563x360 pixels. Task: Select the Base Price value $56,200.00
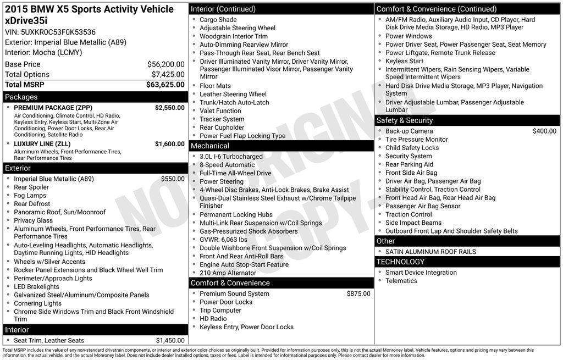point(165,64)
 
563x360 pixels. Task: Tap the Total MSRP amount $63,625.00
point(165,85)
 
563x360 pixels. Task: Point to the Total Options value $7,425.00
point(168,74)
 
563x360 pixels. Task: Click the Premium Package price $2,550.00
point(169,108)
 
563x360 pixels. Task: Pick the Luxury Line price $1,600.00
point(169,144)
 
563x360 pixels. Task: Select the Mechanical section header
point(209,146)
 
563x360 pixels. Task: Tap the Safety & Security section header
point(405,120)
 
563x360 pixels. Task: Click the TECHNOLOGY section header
point(400,262)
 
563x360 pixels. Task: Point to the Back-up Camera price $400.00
point(544,131)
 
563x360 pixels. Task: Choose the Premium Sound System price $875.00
point(358,293)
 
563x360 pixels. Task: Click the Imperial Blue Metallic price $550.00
point(173,179)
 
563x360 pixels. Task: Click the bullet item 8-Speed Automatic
point(227,165)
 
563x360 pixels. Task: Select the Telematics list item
point(401,281)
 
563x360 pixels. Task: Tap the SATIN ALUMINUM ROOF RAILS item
point(430,252)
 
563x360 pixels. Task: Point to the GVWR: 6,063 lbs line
point(223,240)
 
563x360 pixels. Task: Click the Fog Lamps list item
point(30,195)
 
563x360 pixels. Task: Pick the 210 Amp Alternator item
point(228,273)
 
